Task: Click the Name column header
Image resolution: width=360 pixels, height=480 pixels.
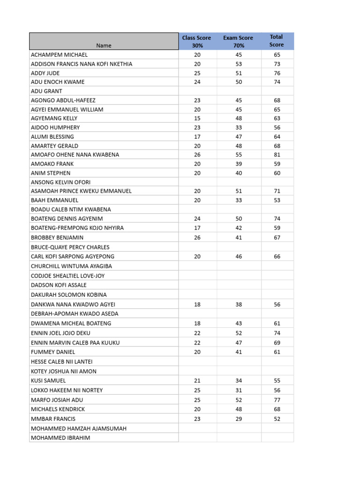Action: [104, 45]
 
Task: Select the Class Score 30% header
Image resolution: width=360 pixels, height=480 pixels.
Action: [197, 41]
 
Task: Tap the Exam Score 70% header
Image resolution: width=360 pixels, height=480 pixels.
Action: [238, 41]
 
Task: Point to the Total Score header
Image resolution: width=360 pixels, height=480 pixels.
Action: [277, 41]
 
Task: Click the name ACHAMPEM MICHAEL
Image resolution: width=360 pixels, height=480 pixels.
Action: [59, 55]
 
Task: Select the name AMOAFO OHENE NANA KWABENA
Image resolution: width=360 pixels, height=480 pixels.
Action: [75, 155]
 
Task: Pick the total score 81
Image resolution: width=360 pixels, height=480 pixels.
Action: [277, 155]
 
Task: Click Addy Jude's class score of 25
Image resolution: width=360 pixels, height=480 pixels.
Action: [197, 73]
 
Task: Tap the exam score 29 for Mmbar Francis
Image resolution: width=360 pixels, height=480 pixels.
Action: [239, 419]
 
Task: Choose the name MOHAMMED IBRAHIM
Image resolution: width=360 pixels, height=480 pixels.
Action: [60, 438]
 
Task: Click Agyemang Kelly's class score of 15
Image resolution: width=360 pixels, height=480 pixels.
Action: [197, 119]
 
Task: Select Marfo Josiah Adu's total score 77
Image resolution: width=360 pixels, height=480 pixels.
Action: [277, 400]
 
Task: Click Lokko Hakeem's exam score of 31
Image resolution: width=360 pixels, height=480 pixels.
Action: [239, 390]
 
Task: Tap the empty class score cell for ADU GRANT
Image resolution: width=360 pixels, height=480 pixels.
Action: [197, 91]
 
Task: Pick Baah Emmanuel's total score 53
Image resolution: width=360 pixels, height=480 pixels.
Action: [277, 200]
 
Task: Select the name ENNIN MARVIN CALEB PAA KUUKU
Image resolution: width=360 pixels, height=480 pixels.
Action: [75, 343]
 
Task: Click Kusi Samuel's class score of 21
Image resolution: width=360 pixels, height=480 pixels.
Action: [197, 381]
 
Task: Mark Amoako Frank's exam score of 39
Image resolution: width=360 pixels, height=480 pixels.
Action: [239, 164]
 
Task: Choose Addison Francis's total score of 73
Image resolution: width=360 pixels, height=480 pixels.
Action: [277, 64]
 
